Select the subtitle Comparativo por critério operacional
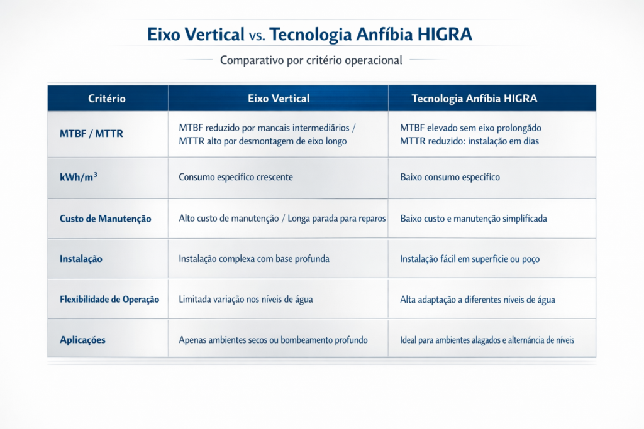click(x=311, y=61)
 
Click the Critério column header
click(x=107, y=99)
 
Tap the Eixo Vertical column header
click(x=279, y=99)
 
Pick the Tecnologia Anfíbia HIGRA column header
click(x=474, y=99)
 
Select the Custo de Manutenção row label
click(x=106, y=219)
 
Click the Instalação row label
click(x=81, y=258)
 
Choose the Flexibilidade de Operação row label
click(x=109, y=299)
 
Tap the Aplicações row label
click(x=82, y=340)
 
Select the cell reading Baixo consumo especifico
click(x=450, y=177)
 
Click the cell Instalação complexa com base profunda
click(x=254, y=258)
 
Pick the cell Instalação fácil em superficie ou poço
click(x=470, y=258)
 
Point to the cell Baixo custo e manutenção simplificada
click(x=474, y=219)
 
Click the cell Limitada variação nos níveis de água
click(x=246, y=300)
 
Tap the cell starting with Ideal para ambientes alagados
click(x=487, y=340)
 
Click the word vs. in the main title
click(x=258, y=35)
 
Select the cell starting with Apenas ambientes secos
click(x=273, y=340)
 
